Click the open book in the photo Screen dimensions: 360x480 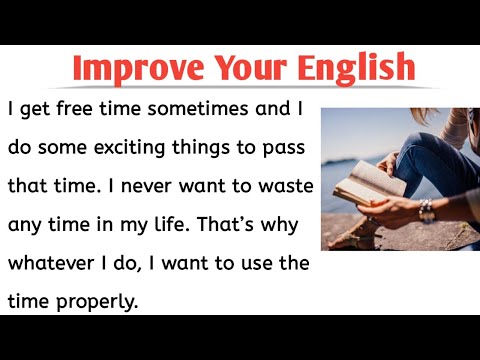pyautogui.click(x=362, y=185)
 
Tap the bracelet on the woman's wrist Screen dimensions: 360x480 pyautogui.click(x=425, y=208)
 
